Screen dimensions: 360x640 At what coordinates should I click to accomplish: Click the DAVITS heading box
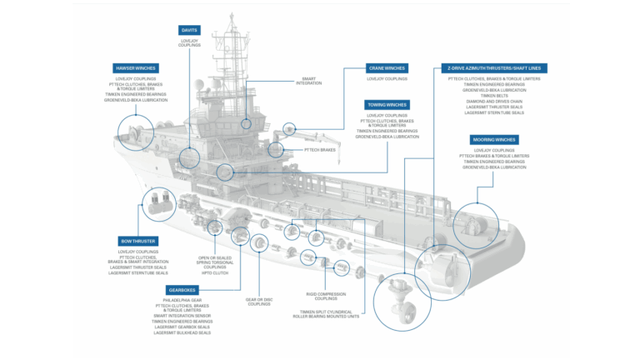click(x=190, y=30)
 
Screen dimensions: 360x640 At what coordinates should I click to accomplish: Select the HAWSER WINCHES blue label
click(x=135, y=67)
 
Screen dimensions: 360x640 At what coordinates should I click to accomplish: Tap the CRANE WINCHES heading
click(x=387, y=67)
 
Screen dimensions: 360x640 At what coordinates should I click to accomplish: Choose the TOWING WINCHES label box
click(x=387, y=104)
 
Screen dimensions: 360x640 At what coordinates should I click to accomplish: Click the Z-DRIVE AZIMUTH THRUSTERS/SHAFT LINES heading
click(x=493, y=67)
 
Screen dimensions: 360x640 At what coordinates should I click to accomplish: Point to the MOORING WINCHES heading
click(x=493, y=139)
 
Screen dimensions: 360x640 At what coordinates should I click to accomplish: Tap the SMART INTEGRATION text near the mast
click(x=308, y=82)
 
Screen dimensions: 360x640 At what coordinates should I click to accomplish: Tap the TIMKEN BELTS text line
click(x=493, y=94)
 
